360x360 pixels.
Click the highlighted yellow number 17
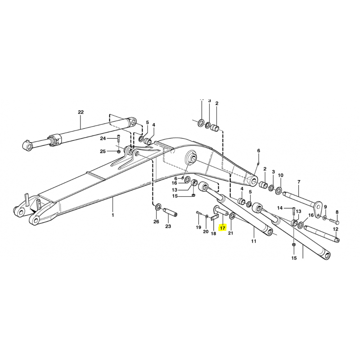coord(222,228)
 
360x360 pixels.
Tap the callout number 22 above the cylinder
coord(81,112)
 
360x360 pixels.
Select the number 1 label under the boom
coord(113,215)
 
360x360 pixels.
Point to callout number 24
coord(103,139)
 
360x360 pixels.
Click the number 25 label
coord(103,151)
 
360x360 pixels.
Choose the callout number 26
coord(156,221)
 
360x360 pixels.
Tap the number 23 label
coord(168,226)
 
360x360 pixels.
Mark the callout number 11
coord(253,241)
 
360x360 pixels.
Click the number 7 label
coord(299,182)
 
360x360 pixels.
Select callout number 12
coord(336,229)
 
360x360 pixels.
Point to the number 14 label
coord(279,208)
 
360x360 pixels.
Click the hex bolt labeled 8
coord(335,222)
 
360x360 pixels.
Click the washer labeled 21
coord(232,216)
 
